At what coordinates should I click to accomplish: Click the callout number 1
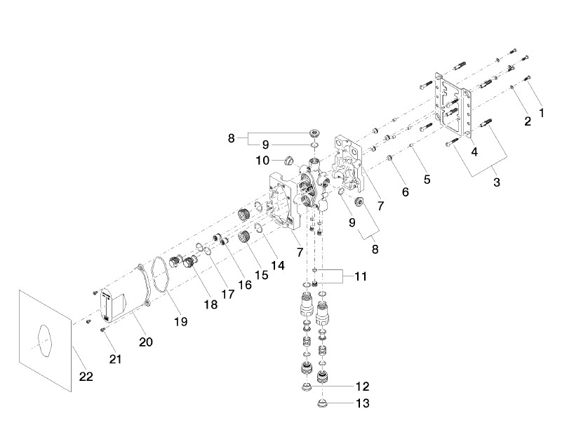point(541,112)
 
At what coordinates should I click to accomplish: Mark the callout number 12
point(363,386)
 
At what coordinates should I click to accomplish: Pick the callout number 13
point(363,403)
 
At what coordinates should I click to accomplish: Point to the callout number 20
point(145,342)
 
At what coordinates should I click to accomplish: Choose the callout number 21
point(116,359)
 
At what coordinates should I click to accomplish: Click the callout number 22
point(86,377)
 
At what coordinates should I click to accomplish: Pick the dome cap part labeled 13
point(321,404)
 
